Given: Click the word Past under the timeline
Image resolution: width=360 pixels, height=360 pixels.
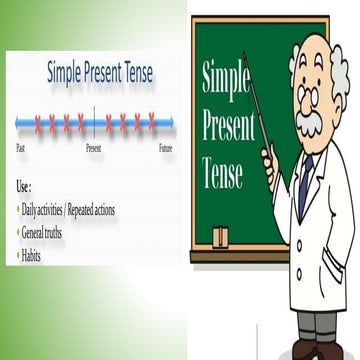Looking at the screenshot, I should pos(21,148).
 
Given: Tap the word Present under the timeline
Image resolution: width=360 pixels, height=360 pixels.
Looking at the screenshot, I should pos(93,148).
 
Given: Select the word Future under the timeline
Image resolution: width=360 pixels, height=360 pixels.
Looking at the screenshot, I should pos(166,148).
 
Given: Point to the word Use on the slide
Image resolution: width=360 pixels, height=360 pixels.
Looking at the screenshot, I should pos(24,186).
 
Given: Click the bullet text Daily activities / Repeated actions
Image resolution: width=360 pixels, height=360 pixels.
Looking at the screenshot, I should pos(72,210).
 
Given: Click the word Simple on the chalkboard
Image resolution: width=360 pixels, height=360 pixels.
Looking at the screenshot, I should pos(225,80).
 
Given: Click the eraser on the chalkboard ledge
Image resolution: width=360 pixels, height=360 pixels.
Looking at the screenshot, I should pos(220,236).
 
